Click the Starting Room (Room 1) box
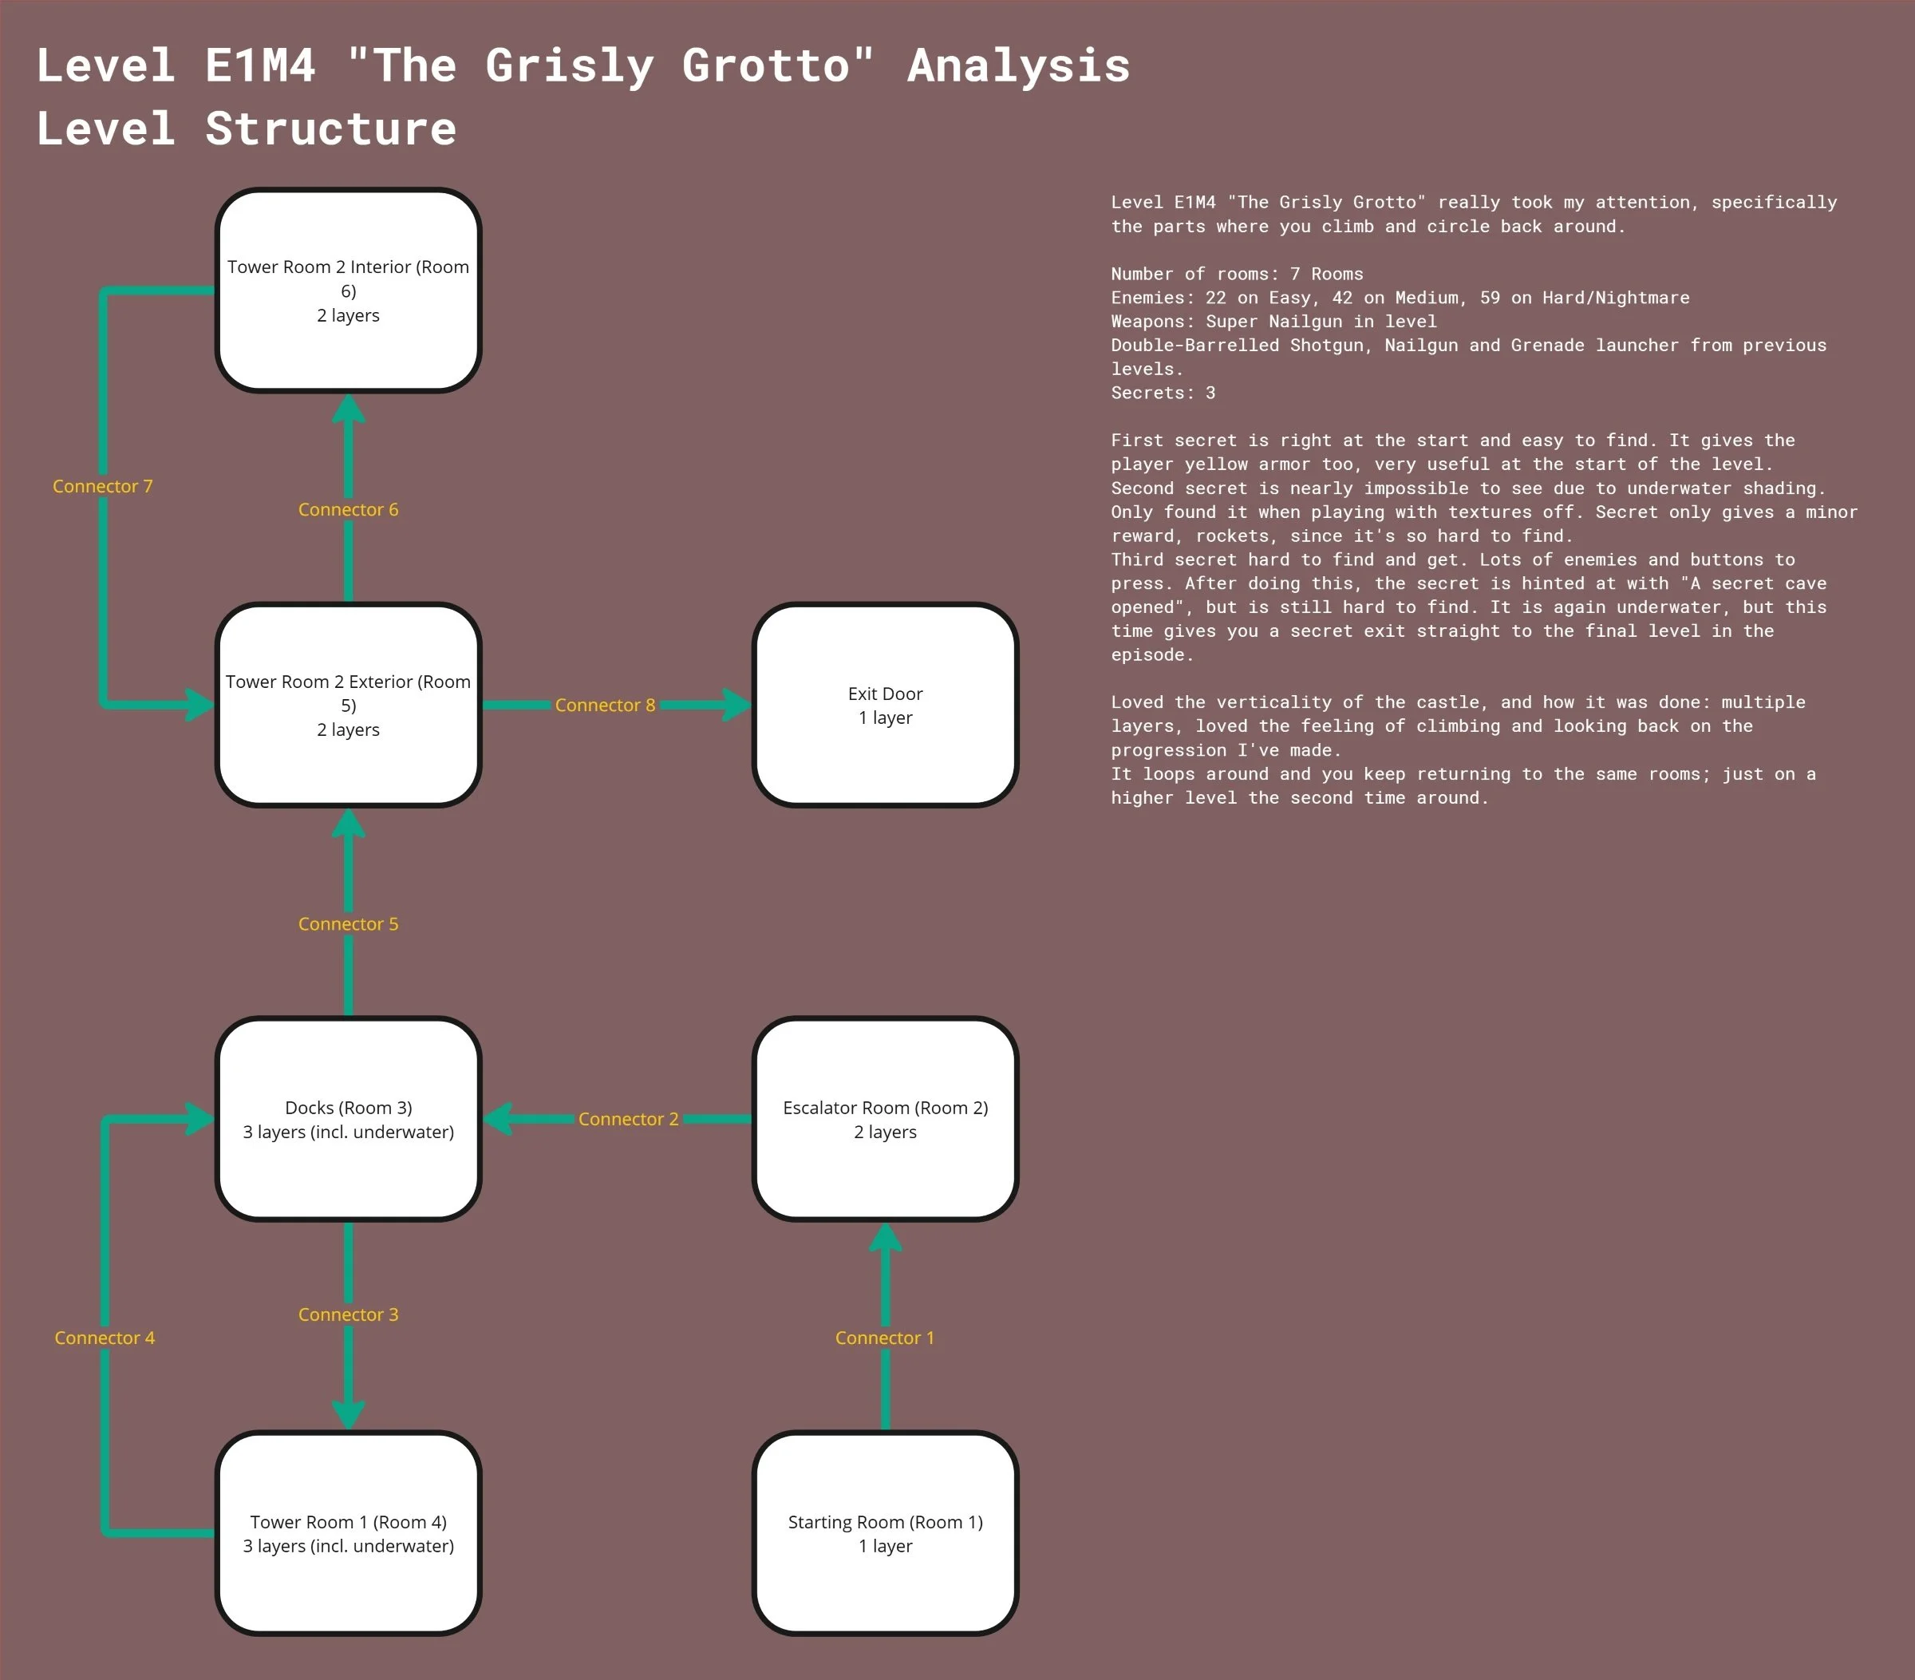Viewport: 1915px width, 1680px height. tap(886, 1533)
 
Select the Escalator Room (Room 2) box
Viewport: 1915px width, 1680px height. tap(886, 1119)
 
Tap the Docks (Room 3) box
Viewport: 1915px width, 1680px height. tap(349, 1119)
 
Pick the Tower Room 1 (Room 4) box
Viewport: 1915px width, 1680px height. tap(349, 1533)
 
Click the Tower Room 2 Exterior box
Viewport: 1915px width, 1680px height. tap(349, 705)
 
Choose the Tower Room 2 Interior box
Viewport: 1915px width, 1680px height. tap(349, 291)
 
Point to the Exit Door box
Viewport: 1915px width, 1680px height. tap(886, 705)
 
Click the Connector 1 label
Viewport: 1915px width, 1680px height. tap(884, 1338)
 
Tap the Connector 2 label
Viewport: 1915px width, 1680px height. tap(628, 1119)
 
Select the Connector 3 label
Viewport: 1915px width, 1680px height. tap(349, 1314)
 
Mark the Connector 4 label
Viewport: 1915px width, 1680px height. tap(104, 1338)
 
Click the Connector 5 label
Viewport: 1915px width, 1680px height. tap(349, 924)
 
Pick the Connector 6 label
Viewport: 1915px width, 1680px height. tap(349, 510)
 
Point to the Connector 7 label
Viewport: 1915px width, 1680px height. tap(102, 486)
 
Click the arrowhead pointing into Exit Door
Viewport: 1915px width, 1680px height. tap(736, 705)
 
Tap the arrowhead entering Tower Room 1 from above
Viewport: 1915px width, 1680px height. tap(349, 1413)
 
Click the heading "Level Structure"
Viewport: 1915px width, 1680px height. tap(246, 128)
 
